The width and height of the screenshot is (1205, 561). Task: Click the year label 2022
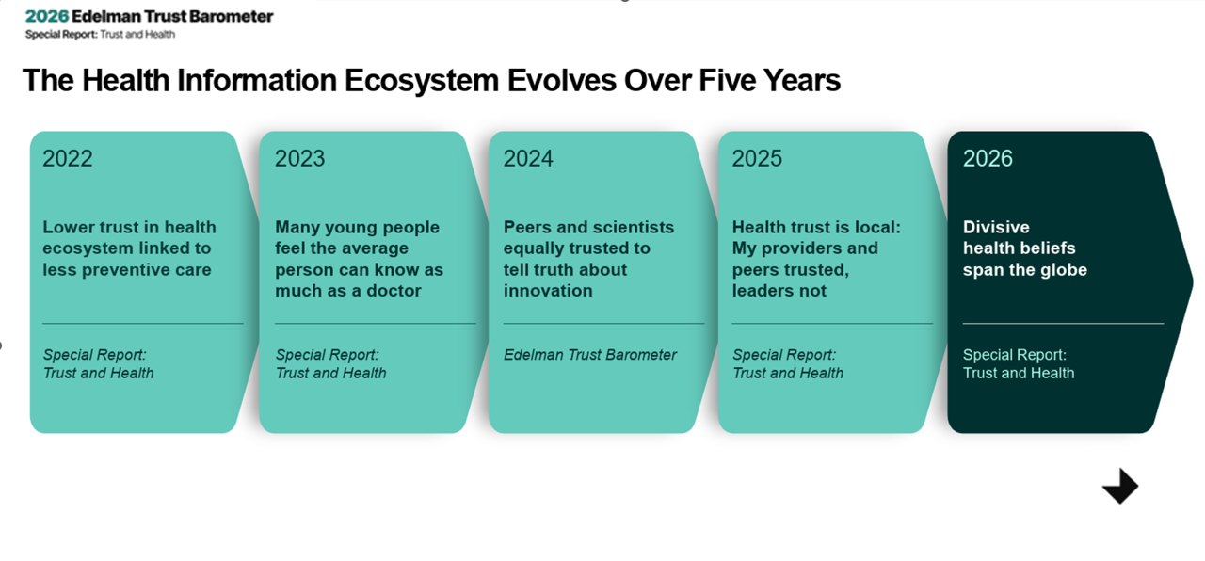67,159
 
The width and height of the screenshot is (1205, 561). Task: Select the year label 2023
299,159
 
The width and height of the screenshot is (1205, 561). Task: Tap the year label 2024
528,159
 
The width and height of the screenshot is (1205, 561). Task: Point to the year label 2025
757,159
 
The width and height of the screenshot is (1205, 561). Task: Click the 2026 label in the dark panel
988,159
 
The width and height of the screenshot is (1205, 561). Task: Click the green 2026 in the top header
47,17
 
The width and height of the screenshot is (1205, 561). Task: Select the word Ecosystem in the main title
421,81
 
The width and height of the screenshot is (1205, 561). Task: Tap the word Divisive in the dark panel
996,227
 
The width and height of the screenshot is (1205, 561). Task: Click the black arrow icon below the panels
1120,487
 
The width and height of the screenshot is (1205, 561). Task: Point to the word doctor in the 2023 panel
394,291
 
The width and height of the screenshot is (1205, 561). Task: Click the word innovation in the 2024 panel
548,291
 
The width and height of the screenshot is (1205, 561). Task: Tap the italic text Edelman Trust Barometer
590,355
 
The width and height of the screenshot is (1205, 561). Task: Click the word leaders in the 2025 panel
763,291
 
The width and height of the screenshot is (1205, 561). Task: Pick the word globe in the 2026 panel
1064,270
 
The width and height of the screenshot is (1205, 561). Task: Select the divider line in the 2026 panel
1063,323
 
